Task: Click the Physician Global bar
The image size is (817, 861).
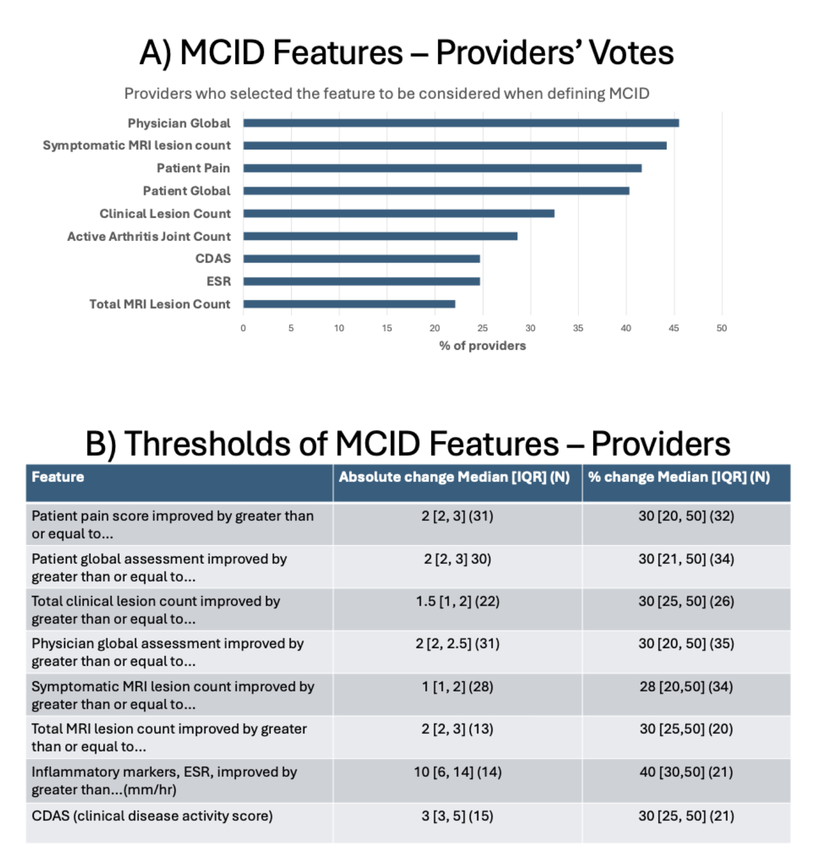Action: point(461,123)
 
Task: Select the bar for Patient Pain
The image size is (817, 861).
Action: point(442,168)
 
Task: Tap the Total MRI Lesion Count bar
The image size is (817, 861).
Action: point(349,304)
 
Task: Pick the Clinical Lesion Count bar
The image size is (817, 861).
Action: point(399,214)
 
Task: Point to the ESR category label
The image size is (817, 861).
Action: point(219,282)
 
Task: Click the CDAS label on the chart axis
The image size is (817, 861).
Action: point(213,259)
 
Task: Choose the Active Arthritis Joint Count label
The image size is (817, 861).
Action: point(149,236)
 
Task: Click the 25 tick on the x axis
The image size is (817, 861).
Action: point(482,328)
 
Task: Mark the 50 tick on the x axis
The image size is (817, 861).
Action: point(721,328)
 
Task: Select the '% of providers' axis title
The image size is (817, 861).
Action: point(482,346)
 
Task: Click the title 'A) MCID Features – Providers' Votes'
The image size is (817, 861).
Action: point(407,53)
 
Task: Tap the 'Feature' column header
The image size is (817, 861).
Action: point(58,477)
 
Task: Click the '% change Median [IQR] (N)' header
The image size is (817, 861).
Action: point(679,477)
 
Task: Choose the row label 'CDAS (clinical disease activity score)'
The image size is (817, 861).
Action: point(152,816)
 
